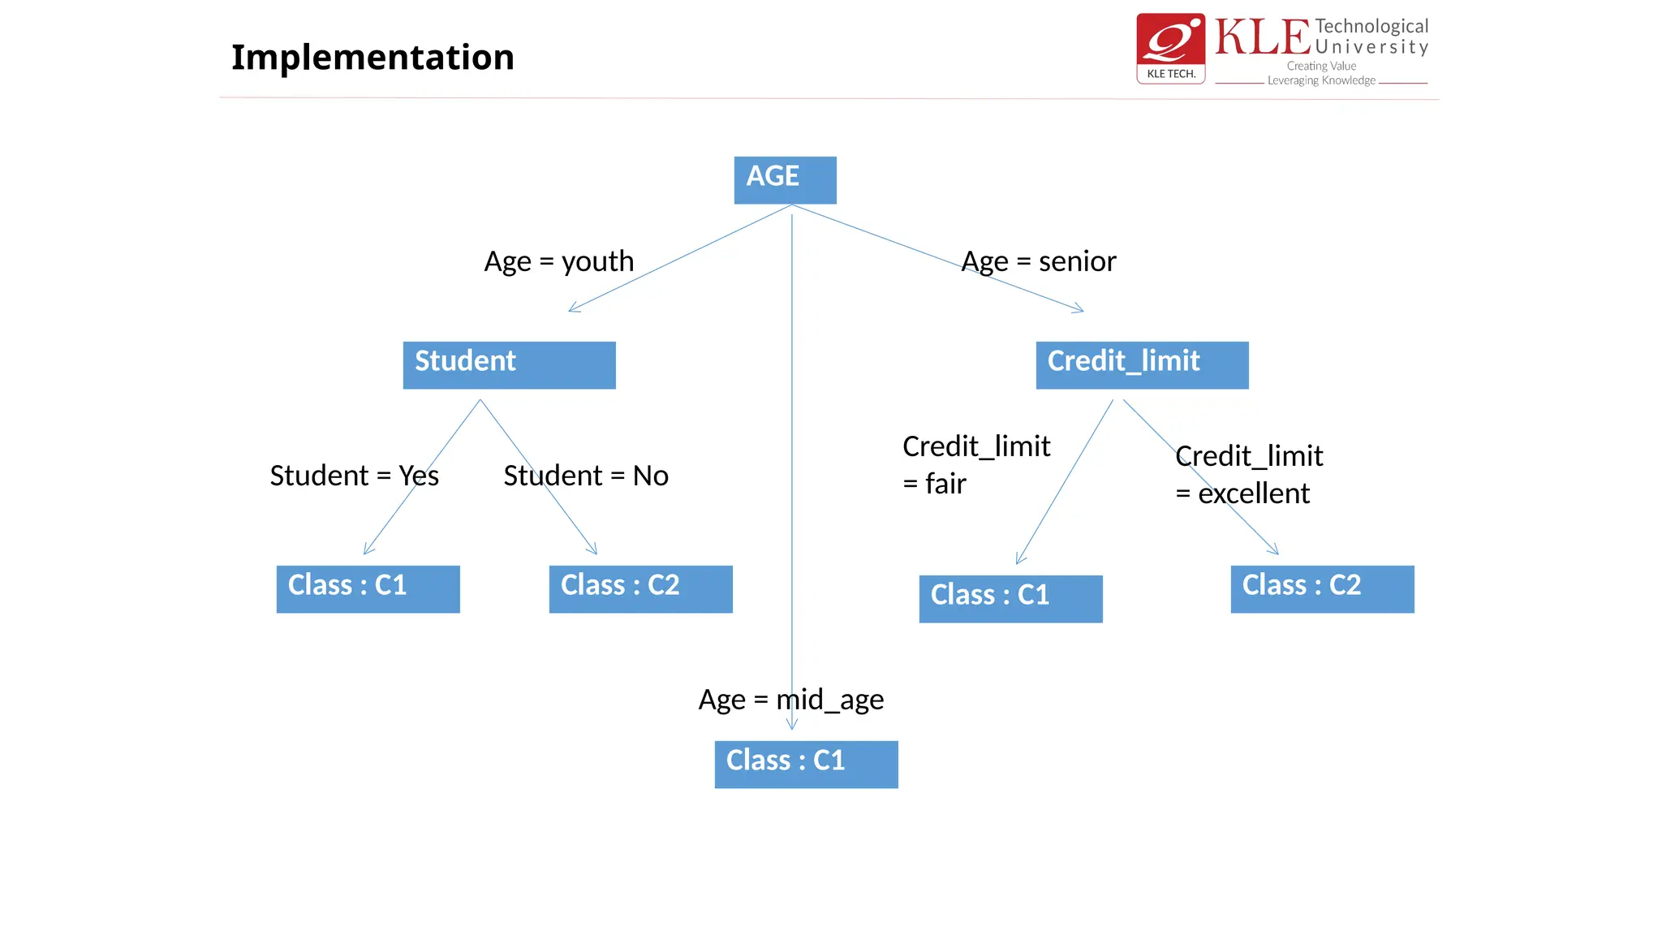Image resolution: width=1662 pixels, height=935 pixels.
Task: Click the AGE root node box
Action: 785,179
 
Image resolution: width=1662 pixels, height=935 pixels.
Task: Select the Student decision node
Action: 509,364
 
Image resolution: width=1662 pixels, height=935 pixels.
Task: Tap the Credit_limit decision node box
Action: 1142,364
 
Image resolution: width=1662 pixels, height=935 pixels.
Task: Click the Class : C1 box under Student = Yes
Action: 368,588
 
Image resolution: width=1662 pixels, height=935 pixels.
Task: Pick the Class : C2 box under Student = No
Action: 640,588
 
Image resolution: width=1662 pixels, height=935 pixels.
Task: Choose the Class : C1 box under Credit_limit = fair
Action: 1010,598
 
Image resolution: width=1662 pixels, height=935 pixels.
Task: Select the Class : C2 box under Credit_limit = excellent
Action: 1322,588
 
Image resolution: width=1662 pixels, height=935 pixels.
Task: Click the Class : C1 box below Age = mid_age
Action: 806,764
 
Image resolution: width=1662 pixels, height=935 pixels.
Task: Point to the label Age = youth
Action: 558,261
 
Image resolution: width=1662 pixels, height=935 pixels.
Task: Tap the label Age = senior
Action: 1039,261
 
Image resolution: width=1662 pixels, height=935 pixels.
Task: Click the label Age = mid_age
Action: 790,700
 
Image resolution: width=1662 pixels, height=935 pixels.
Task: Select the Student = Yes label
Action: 354,476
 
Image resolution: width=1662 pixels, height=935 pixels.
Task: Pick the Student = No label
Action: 586,476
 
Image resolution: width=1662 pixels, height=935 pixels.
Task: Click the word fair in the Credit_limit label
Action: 945,485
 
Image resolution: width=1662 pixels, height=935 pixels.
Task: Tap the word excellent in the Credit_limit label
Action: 1254,493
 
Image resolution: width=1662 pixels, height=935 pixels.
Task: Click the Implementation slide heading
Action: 372,58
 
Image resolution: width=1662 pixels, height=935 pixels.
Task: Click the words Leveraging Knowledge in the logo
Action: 1321,80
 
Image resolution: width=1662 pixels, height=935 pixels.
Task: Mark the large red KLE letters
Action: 1262,38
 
